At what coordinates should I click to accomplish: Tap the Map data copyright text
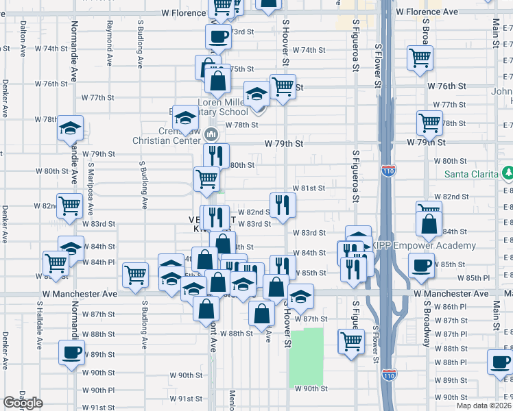coord(484,406)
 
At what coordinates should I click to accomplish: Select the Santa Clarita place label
coord(470,173)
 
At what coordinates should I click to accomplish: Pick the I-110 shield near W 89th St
coord(388,375)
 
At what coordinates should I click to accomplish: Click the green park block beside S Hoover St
coord(305,356)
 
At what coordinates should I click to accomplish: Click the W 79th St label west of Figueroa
coord(284,144)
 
